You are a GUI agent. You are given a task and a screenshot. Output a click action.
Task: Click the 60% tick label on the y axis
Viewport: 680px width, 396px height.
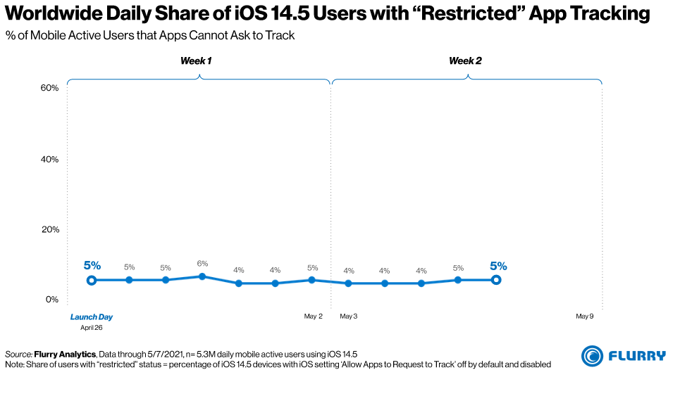[49, 89]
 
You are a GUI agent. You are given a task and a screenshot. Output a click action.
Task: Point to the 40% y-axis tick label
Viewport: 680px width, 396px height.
[49, 159]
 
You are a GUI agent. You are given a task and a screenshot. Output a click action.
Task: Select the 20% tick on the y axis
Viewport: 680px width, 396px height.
[49, 229]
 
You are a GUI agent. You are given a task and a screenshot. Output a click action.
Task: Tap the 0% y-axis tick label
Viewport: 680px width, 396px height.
[51, 300]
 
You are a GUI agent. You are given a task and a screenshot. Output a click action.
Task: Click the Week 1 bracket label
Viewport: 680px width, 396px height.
[196, 61]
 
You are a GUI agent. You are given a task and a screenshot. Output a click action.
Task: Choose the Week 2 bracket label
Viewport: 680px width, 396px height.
[465, 61]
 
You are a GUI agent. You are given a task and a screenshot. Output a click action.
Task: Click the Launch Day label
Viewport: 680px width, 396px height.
[91, 317]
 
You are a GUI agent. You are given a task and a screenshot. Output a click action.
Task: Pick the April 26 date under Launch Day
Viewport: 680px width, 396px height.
[91, 327]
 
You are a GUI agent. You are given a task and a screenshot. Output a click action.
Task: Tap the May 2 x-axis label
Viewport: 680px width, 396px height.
[314, 317]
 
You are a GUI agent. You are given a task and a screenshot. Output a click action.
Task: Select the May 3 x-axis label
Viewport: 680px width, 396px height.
[349, 317]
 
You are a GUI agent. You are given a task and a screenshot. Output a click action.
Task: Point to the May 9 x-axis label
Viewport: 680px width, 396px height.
[585, 317]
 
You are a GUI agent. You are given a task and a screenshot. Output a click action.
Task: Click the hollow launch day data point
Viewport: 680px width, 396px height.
[92, 280]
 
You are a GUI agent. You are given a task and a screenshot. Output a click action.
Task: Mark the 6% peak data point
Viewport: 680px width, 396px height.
[202, 276]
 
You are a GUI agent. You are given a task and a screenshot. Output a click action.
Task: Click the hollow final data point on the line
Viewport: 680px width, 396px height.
[496, 280]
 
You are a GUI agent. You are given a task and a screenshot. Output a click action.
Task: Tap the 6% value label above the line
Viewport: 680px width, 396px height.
[202, 263]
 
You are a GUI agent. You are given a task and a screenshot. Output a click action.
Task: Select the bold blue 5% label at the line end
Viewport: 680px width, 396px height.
[498, 266]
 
